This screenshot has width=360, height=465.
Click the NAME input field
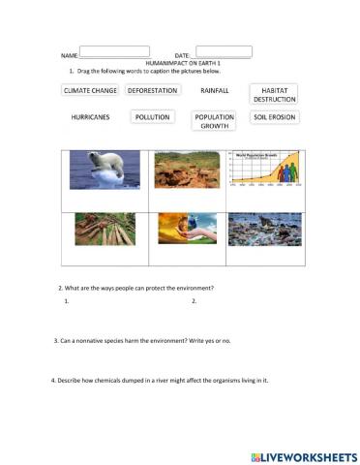(114, 51)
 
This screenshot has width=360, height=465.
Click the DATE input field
(224, 51)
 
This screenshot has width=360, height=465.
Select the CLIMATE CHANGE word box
(90, 90)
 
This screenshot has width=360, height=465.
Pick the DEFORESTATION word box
(152, 90)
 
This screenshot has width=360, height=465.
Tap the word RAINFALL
(214, 90)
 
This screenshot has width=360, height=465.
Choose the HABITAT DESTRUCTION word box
(274, 94)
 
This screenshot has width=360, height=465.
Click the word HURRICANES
(90, 117)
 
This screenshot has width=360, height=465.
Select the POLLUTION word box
(152, 117)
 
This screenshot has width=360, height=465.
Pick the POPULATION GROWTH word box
(214, 121)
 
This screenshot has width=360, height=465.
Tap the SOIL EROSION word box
(274, 117)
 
